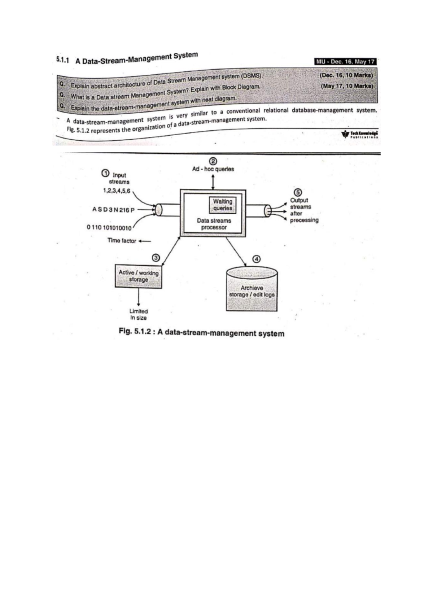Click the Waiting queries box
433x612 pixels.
(223, 205)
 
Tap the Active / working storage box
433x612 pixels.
(139, 276)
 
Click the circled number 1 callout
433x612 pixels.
(105, 173)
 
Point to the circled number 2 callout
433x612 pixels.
(213, 161)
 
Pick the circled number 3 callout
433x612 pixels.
(156, 258)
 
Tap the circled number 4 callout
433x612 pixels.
(256, 259)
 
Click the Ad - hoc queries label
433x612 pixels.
(213, 169)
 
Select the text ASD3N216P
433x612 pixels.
(113, 210)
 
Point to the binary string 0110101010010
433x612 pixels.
(109, 228)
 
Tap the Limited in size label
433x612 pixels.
(139, 314)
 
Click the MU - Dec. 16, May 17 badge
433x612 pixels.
(346, 61)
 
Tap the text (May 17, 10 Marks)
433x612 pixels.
(346, 86)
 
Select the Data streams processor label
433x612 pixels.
(214, 224)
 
